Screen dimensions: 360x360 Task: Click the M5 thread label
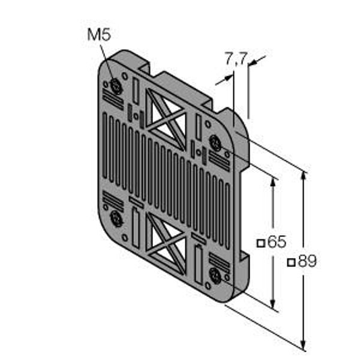[99, 35]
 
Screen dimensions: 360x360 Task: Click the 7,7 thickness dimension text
[236, 59]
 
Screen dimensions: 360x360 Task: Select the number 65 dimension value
[277, 242]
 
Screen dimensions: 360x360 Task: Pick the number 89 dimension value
[307, 261]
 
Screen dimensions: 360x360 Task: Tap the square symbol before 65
[261, 243]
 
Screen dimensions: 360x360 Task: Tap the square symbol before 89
[292, 262]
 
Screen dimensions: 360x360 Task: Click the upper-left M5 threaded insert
[116, 86]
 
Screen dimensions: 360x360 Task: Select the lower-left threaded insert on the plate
[116, 218]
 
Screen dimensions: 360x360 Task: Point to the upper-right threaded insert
[215, 143]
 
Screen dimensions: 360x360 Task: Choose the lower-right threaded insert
[215, 276]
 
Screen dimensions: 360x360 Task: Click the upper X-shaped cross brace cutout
[166, 119]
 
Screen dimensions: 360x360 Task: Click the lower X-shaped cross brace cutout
[166, 244]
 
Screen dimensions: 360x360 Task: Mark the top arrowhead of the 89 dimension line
[304, 175]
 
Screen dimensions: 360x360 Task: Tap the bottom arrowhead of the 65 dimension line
[273, 304]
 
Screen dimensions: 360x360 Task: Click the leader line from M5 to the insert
[107, 64]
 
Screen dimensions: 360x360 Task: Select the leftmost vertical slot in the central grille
[104, 145]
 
